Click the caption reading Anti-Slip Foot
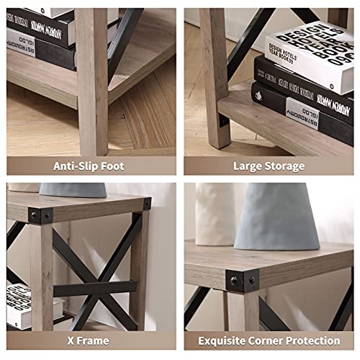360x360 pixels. (x=89, y=166)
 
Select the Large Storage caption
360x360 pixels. (x=268, y=166)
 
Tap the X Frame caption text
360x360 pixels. (x=89, y=340)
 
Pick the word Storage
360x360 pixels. (x=285, y=166)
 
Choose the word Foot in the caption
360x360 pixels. (x=112, y=166)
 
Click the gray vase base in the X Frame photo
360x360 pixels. (x=72, y=189)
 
